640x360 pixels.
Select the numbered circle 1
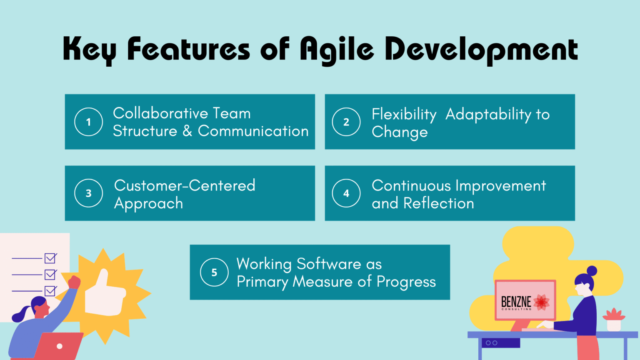click(88, 122)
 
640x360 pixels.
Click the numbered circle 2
click(346, 122)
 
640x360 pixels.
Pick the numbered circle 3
click(88, 193)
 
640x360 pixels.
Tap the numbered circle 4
click(346, 193)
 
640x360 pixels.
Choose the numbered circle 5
click(214, 272)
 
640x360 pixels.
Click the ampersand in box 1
click(187, 131)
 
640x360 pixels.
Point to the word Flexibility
click(404, 114)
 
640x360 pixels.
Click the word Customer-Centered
click(185, 185)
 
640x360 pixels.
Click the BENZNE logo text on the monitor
click(516, 302)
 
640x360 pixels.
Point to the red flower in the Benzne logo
click(541, 302)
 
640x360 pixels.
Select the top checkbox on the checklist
click(50, 258)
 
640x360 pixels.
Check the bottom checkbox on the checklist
click(50, 291)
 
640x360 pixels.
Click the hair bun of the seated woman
click(592, 271)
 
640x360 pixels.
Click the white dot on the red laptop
click(60, 346)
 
